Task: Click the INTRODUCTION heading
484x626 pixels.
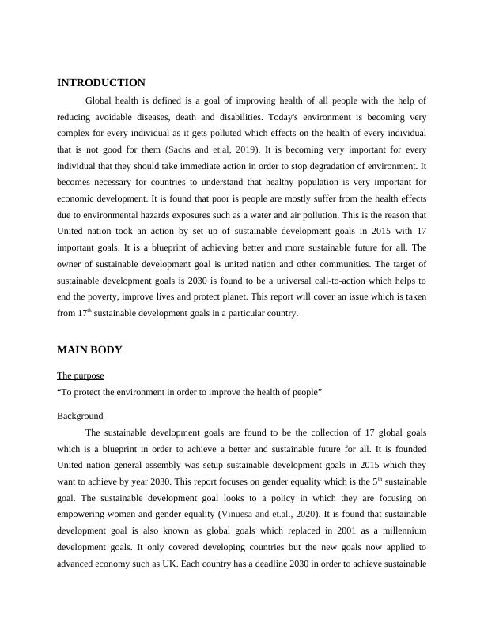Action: pyautogui.click(x=101, y=82)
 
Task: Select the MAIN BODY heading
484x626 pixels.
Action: pyautogui.click(x=89, y=349)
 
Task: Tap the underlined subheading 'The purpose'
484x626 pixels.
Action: pyautogui.click(x=81, y=375)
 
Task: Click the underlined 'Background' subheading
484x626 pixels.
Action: pyautogui.click(x=80, y=416)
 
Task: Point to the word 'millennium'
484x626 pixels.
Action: pyautogui.click(x=402, y=531)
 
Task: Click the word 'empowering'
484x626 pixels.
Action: pyautogui.click(x=85, y=515)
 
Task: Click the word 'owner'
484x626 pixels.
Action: pyautogui.click(x=72, y=264)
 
